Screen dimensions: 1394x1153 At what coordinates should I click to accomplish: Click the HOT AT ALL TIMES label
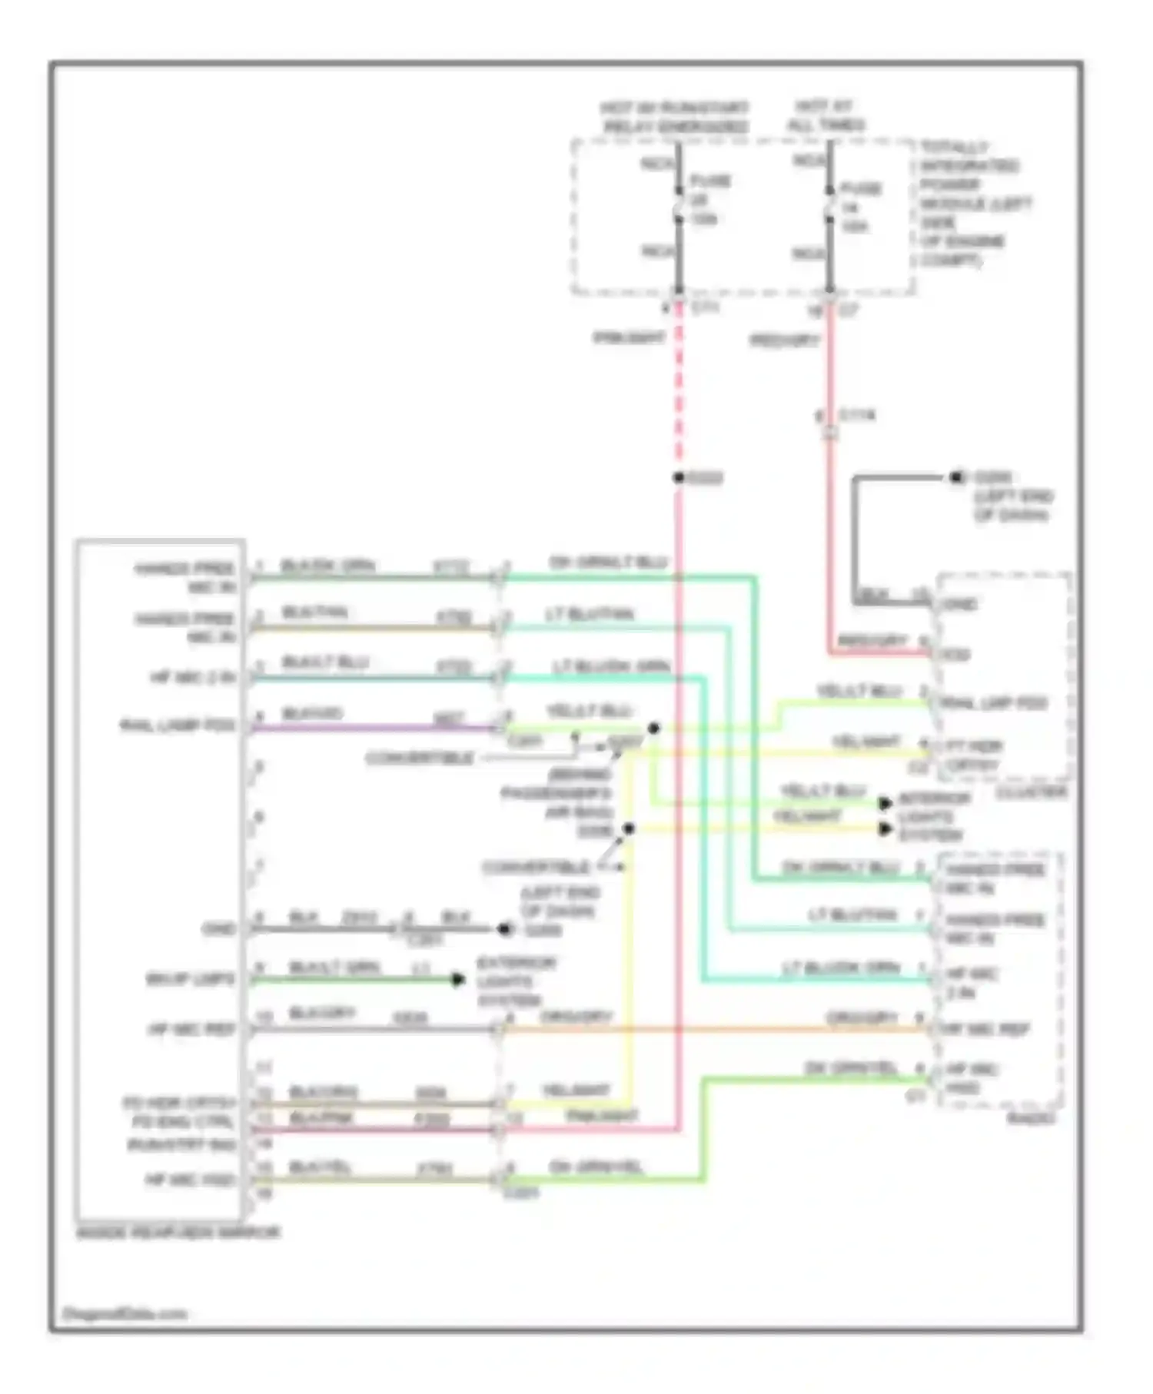tap(827, 115)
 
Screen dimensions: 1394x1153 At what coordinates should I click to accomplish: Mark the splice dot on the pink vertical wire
tap(679, 478)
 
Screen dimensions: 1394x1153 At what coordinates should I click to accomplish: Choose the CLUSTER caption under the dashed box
tap(1031, 792)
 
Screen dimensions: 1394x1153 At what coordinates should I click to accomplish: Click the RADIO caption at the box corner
tap(1031, 1118)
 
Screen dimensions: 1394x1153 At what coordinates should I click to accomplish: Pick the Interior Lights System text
tap(932, 816)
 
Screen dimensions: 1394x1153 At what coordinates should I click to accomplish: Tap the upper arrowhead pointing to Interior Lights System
tap(886, 804)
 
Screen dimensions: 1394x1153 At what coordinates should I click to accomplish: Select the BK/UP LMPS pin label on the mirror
tap(191, 980)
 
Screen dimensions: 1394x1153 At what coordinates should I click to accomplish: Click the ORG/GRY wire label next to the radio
tap(862, 1018)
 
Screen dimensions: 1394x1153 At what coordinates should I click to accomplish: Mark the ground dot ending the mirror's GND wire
tap(504, 929)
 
